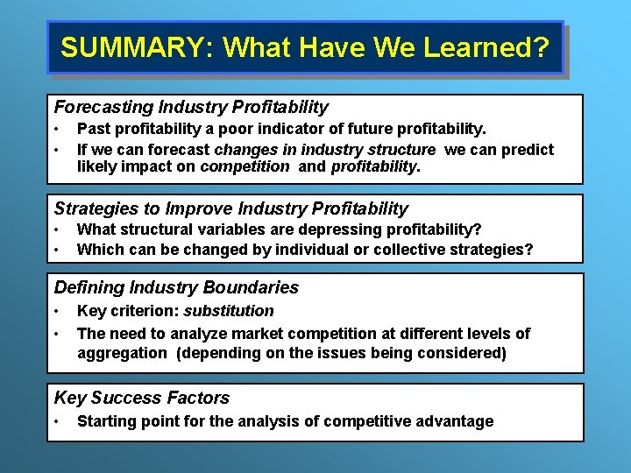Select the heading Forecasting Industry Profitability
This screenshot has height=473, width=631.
[191, 108]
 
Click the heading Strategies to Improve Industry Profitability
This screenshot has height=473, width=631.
[231, 208]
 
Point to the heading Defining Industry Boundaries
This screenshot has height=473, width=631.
[176, 287]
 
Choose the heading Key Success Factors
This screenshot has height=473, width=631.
[142, 398]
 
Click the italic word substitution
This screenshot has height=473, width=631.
[230, 311]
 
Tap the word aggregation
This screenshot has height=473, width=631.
[121, 353]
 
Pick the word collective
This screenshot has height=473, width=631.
[411, 250]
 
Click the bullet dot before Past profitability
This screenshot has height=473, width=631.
[57, 130]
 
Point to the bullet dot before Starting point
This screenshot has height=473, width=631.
[57, 421]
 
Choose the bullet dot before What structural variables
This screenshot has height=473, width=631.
[57, 229]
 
